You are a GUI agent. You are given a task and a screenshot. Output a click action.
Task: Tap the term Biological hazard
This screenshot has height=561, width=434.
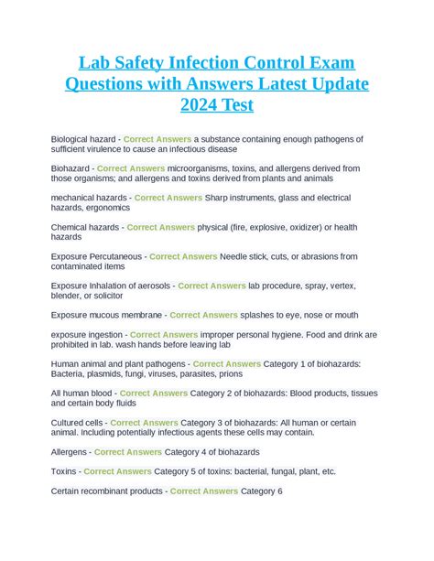tap(83, 138)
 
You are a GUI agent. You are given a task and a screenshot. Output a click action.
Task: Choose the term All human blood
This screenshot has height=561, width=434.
tap(81, 394)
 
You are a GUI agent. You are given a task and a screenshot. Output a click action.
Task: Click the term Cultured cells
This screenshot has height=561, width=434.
tap(77, 424)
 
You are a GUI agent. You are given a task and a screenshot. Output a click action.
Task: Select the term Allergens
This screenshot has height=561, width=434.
tap(70, 452)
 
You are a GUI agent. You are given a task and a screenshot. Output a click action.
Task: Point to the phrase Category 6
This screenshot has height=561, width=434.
tap(262, 491)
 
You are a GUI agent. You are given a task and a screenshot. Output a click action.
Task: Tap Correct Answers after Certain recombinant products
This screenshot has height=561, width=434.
tap(204, 491)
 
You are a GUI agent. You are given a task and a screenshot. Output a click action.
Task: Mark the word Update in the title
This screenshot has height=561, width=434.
tap(333, 84)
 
